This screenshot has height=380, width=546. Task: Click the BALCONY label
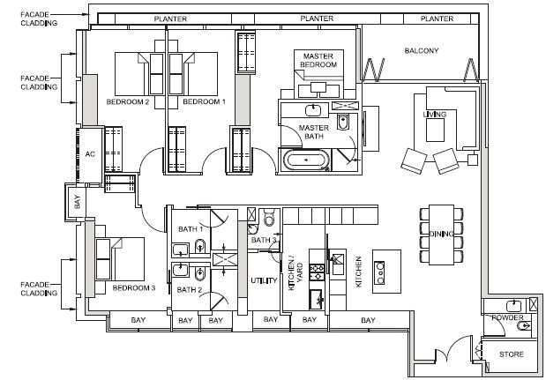422,51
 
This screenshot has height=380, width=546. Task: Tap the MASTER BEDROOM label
318,60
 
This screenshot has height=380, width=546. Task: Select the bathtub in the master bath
306,160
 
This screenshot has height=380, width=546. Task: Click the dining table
442,235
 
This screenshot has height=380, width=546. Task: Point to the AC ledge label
90,153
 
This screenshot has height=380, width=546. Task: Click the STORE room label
512,354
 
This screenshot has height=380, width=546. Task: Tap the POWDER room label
508,317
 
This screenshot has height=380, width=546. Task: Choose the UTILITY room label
265,280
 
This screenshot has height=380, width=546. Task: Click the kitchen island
386,272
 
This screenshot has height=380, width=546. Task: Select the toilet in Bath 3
270,217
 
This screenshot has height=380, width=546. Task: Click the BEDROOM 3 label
134,287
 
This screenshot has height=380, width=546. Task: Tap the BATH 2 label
190,289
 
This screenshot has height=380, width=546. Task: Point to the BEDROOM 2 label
128,101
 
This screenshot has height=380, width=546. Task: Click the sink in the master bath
313,110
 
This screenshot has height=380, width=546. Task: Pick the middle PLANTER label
317,19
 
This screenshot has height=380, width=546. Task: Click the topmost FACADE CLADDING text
39,19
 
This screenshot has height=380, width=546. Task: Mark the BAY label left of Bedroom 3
78,202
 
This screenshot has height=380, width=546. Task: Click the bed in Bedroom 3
120,259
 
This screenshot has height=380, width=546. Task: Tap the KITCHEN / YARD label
295,277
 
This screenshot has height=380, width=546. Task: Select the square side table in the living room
473,160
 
